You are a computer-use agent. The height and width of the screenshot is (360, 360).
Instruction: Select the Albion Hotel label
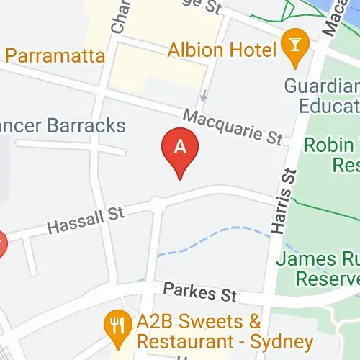pos(222,50)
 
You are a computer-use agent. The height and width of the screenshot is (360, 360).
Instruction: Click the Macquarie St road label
pos(233,125)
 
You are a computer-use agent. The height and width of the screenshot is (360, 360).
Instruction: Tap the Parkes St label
pos(200,292)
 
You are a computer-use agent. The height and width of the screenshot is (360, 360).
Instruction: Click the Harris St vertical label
pos(284,202)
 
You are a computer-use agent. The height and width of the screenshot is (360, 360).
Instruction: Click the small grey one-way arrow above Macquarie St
pos(204,94)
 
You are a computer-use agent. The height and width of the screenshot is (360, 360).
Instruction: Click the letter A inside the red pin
pos(180,146)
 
